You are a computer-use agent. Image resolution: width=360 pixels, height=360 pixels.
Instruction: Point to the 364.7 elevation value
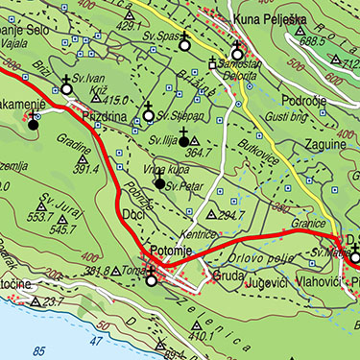pyautogui.click(x=197, y=151)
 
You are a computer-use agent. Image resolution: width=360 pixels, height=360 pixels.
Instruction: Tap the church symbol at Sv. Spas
pyautogui.click(x=183, y=42)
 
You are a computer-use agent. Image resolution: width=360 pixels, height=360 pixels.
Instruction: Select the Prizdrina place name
pyautogui.click(x=104, y=114)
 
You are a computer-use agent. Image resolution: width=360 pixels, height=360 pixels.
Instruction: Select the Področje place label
pyautogui.click(x=305, y=100)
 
